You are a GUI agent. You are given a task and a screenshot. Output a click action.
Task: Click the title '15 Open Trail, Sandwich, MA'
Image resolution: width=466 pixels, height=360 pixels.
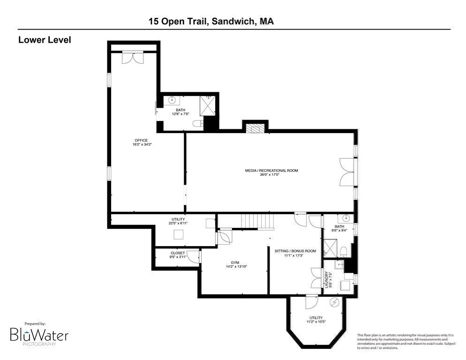tap(211, 21)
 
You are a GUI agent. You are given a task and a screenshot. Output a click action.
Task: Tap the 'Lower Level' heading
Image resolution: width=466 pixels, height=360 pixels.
tap(45, 40)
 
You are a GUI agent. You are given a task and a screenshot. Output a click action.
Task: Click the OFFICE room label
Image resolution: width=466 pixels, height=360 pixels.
tap(141, 140)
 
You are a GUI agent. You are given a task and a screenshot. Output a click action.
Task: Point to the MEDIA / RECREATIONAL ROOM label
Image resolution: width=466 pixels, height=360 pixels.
tap(271, 171)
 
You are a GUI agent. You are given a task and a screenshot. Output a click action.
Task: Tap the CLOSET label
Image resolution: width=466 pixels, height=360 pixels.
tap(178, 253)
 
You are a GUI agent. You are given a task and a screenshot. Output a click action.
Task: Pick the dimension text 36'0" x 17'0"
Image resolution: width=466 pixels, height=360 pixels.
tap(271, 175)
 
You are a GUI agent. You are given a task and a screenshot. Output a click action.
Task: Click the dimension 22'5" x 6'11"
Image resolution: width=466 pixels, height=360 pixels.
tap(178, 223)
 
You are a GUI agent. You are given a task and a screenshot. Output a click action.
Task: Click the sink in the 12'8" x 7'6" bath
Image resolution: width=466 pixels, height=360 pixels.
tap(172, 100)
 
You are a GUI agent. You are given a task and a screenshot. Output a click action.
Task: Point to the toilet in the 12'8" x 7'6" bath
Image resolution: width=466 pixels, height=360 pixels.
tap(197, 123)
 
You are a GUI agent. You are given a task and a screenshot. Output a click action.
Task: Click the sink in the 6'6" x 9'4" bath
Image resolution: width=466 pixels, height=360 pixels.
tap(346, 218)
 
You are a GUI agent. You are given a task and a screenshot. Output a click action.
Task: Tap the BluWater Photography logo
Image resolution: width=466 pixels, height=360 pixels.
tap(39, 335)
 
